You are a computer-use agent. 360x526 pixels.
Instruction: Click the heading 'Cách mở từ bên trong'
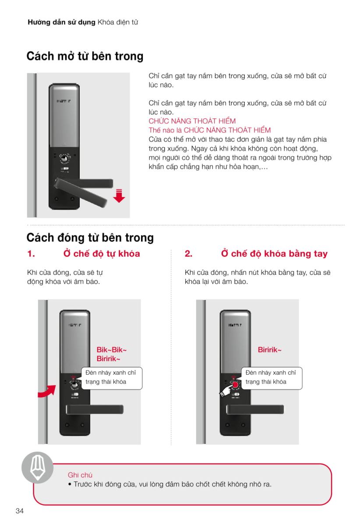[x=85, y=57]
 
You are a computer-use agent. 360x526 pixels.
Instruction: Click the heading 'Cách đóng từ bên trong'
[x=90, y=238]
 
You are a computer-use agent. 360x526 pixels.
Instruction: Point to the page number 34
[x=19, y=511]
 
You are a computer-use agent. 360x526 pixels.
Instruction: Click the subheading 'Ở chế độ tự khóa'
[x=102, y=254]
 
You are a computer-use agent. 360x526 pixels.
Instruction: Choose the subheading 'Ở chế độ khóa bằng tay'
[x=274, y=254]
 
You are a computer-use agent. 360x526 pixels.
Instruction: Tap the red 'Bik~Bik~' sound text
[x=112, y=350]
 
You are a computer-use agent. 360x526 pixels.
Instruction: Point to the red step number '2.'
[x=188, y=254]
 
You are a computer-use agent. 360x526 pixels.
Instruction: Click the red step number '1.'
[x=31, y=254]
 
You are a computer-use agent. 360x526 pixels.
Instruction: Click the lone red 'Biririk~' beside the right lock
[x=269, y=350]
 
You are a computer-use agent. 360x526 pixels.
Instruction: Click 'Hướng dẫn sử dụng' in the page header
[x=61, y=22]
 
